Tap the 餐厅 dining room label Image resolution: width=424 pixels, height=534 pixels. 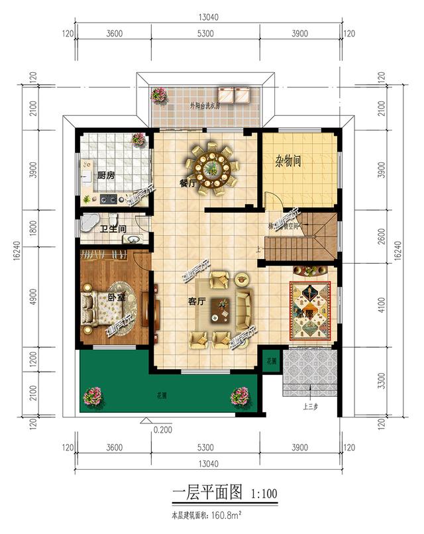pos(187,184)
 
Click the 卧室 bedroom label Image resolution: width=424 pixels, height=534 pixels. pos(117,297)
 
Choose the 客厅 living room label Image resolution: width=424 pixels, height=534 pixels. pos(196,301)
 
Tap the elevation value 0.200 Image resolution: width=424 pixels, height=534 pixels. pos(162,429)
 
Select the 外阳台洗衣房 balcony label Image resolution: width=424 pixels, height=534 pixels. pos(205,105)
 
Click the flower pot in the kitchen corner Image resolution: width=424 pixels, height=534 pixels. pos(138,140)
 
